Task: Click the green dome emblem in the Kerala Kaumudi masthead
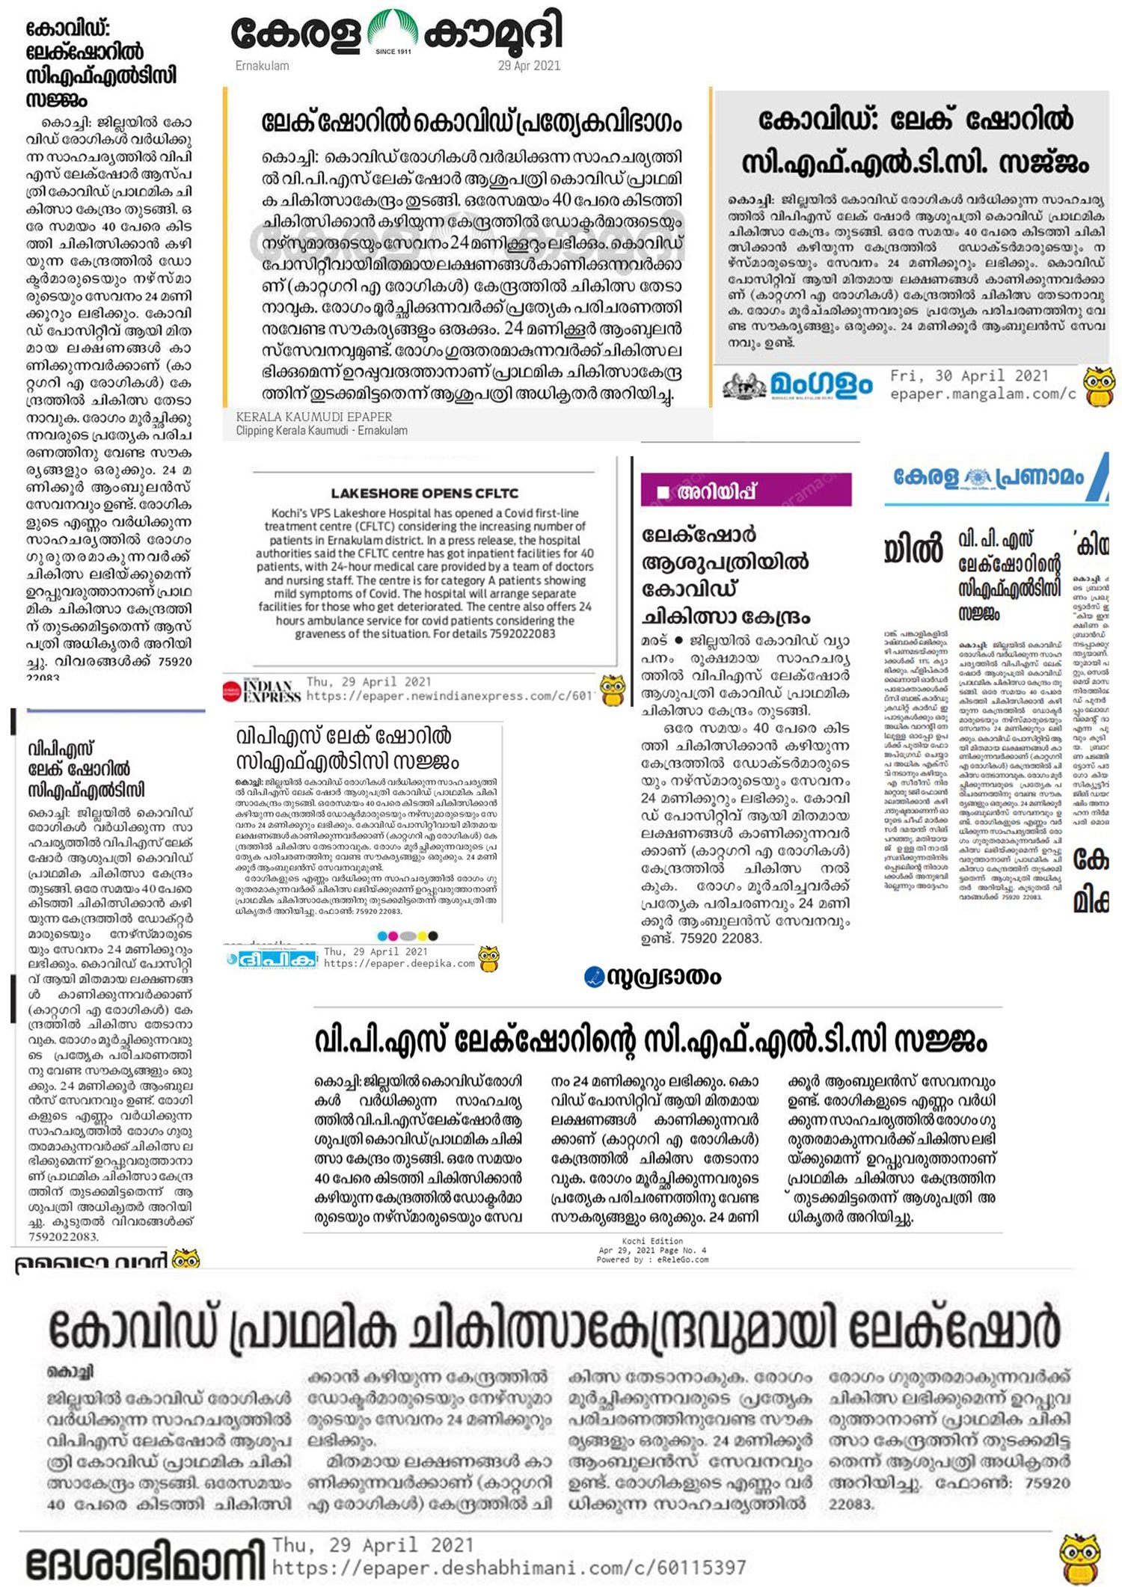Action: pos(393,31)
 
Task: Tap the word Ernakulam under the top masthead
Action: pos(262,66)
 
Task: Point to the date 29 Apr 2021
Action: pos(529,66)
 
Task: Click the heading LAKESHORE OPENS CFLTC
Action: pos(424,494)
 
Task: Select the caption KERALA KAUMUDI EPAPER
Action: pos(313,417)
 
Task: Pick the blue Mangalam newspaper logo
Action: pos(797,385)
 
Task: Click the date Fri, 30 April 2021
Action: pos(969,376)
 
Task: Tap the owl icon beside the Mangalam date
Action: pos(1099,387)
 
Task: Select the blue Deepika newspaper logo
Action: pos(271,960)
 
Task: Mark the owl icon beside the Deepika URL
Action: pos(489,958)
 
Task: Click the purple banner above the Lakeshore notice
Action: pos(746,491)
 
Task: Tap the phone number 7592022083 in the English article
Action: pos(522,634)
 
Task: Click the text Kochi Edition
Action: pos(652,1241)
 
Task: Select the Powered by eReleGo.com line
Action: pos(652,1260)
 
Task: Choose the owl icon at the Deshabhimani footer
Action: pos(1079,1557)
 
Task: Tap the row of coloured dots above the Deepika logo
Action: pos(408,936)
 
